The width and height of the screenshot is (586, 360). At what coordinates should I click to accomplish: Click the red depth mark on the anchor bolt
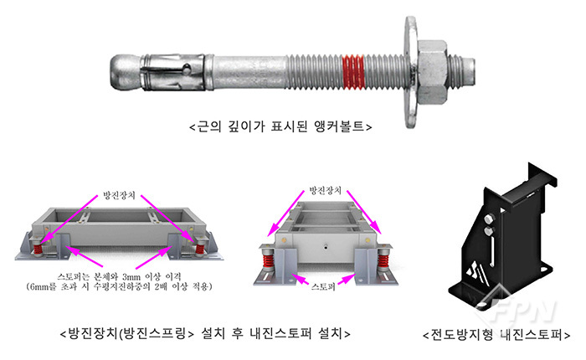tap(353, 72)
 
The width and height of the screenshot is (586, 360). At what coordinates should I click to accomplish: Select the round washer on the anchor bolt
tap(410, 72)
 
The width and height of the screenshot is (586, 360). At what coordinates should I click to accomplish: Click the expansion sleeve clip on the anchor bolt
tap(172, 73)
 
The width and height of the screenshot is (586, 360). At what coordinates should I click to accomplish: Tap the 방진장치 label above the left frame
tap(119, 196)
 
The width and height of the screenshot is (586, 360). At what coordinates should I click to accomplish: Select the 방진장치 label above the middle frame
tap(325, 190)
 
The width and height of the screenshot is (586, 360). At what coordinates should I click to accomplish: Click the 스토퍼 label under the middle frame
tap(323, 286)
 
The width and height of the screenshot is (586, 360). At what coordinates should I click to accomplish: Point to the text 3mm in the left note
tap(131, 277)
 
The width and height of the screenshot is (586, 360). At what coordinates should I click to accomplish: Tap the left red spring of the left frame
tap(38, 248)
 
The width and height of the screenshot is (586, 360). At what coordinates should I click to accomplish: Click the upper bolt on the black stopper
tap(488, 219)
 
